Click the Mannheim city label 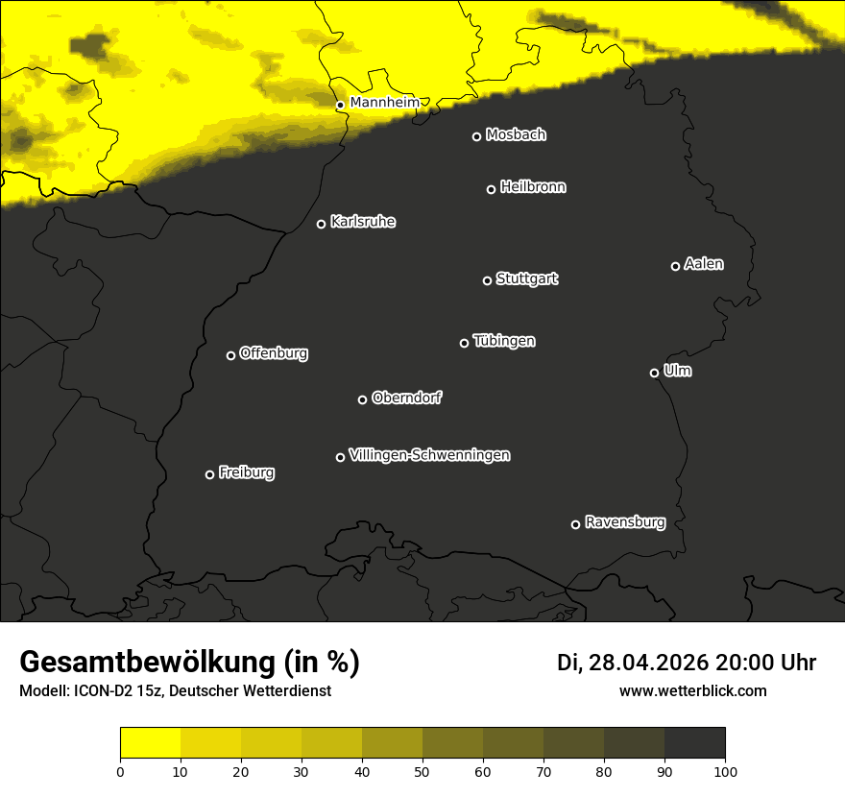[384, 102]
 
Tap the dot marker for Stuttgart [487, 280]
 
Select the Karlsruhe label [362, 222]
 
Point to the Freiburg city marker [209, 474]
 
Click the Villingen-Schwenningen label [429, 455]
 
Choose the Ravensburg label [624, 522]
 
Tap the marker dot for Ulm [654, 373]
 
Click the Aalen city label [704, 264]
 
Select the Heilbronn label [533, 187]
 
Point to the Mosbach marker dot [476, 136]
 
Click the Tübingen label [504, 341]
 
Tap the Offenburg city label [274, 353]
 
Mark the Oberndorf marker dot [362, 399]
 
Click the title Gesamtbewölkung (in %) [189, 663]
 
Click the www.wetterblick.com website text [692, 690]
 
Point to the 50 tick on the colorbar [422, 770]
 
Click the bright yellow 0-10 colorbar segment [150, 743]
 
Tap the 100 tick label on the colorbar [725, 770]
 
